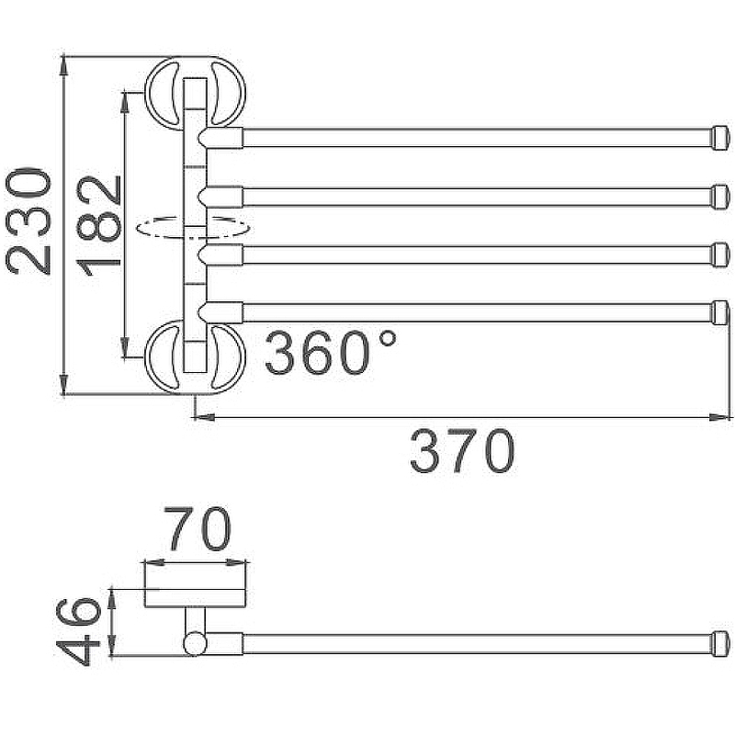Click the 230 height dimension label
coord(28,220)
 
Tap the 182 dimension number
coord(99,226)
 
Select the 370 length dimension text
coord(462,451)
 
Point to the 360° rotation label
coord(331,352)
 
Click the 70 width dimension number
coord(198,528)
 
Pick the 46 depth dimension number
coord(78,631)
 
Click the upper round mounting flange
coord(195,93)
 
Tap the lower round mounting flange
coord(195,357)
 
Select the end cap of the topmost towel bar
coord(721,138)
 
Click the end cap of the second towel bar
coord(721,197)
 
